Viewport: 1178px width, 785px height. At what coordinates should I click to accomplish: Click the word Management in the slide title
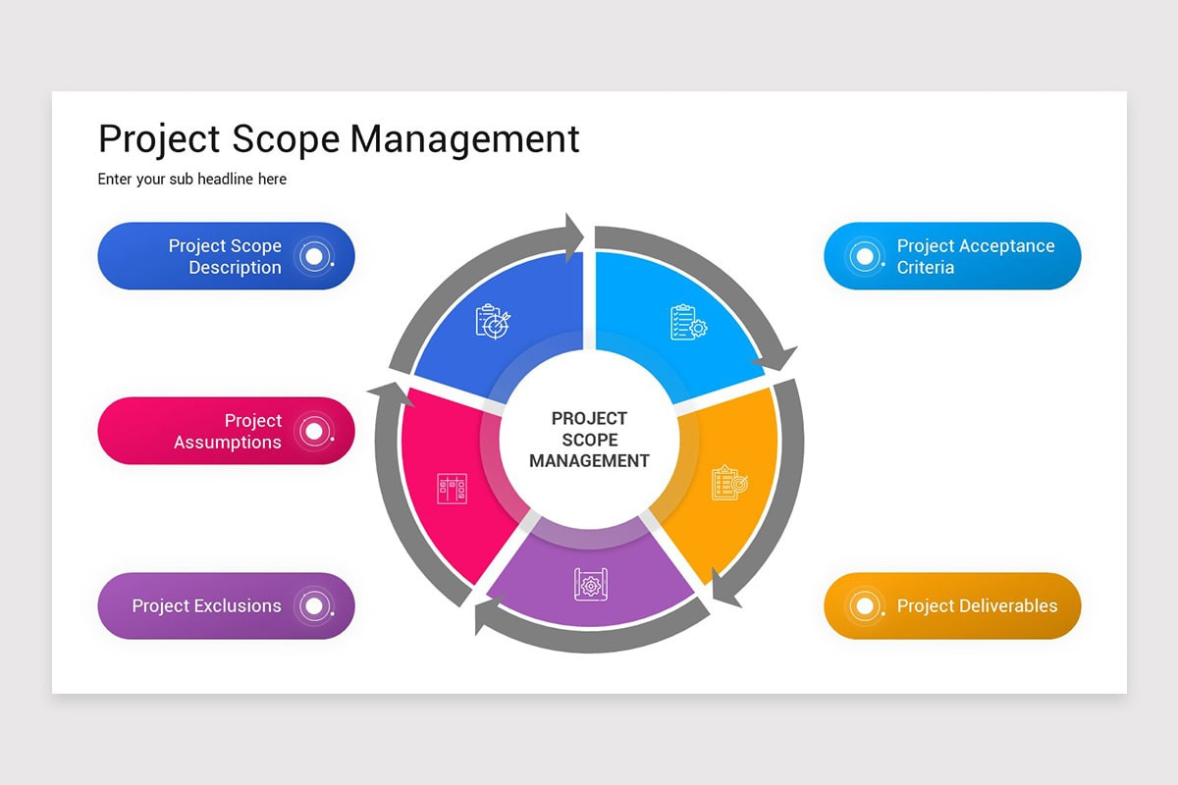[x=464, y=139]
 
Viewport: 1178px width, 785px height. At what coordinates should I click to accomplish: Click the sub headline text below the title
[x=192, y=180]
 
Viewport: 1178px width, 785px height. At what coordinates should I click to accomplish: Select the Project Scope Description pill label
[x=225, y=256]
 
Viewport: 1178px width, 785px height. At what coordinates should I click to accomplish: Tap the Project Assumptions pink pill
[x=226, y=431]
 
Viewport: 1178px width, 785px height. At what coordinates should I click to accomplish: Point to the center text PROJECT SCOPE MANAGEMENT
[x=589, y=439]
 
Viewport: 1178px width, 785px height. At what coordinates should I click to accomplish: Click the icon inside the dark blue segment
[x=493, y=321]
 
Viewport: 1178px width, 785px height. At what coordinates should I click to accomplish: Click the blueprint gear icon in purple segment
[x=590, y=585]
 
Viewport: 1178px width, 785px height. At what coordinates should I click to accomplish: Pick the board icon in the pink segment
[x=452, y=488]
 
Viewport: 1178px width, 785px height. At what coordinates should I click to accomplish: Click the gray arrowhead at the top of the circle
[x=572, y=236]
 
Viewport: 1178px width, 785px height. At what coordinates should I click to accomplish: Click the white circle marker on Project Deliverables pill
[x=864, y=606]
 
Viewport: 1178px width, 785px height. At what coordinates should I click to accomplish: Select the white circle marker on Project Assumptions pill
[x=313, y=431]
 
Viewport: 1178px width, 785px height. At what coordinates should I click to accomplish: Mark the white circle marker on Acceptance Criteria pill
[x=864, y=256]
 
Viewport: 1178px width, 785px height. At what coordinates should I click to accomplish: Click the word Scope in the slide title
[x=286, y=139]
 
